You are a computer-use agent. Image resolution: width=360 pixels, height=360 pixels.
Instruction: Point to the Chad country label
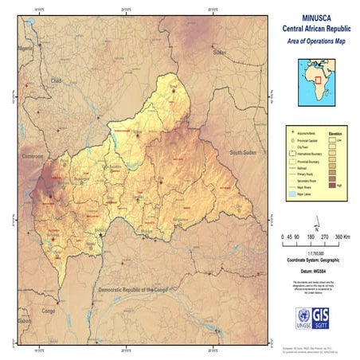coord(56,80)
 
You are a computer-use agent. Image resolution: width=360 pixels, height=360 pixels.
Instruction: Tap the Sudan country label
coord(220,52)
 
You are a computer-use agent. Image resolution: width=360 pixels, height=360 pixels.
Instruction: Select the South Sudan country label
coord(245,151)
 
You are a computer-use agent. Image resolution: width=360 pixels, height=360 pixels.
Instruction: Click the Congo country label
coord(49,310)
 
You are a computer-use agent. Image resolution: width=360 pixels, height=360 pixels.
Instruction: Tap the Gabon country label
coord(24,321)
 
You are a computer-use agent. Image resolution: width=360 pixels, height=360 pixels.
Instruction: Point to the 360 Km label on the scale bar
coord(343,237)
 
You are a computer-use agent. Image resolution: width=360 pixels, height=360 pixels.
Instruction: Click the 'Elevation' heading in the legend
coord(335,132)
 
